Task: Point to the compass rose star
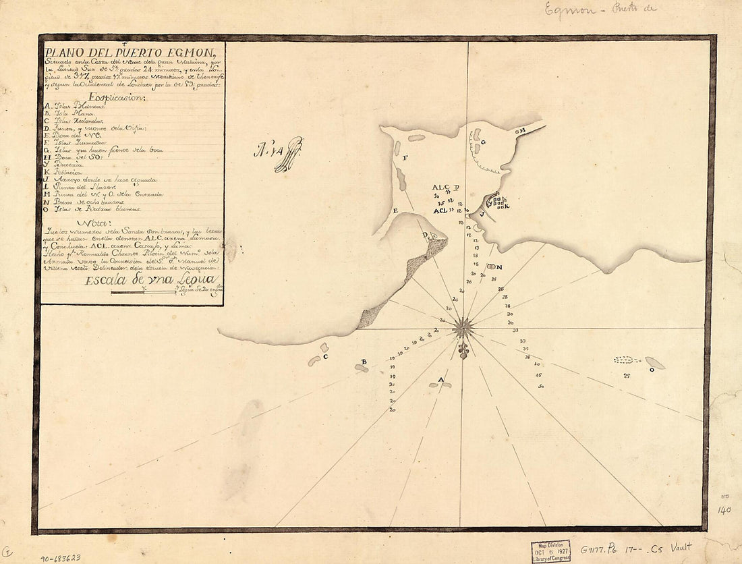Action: pyautogui.click(x=463, y=328)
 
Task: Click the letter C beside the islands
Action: pyautogui.click(x=325, y=356)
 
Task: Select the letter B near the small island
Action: pyautogui.click(x=364, y=362)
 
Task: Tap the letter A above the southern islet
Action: pyautogui.click(x=442, y=380)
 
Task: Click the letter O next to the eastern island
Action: pyautogui.click(x=652, y=369)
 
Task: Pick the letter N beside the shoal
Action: pyautogui.click(x=499, y=266)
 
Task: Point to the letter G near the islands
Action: pyautogui.click(x=484, y=142)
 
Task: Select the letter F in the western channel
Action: pyautogui.click(x=405, y=157)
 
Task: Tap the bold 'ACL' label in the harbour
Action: pyautogui.click(x=440, y=210)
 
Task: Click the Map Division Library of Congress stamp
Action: pyautogui.click(x=550, y=550)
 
